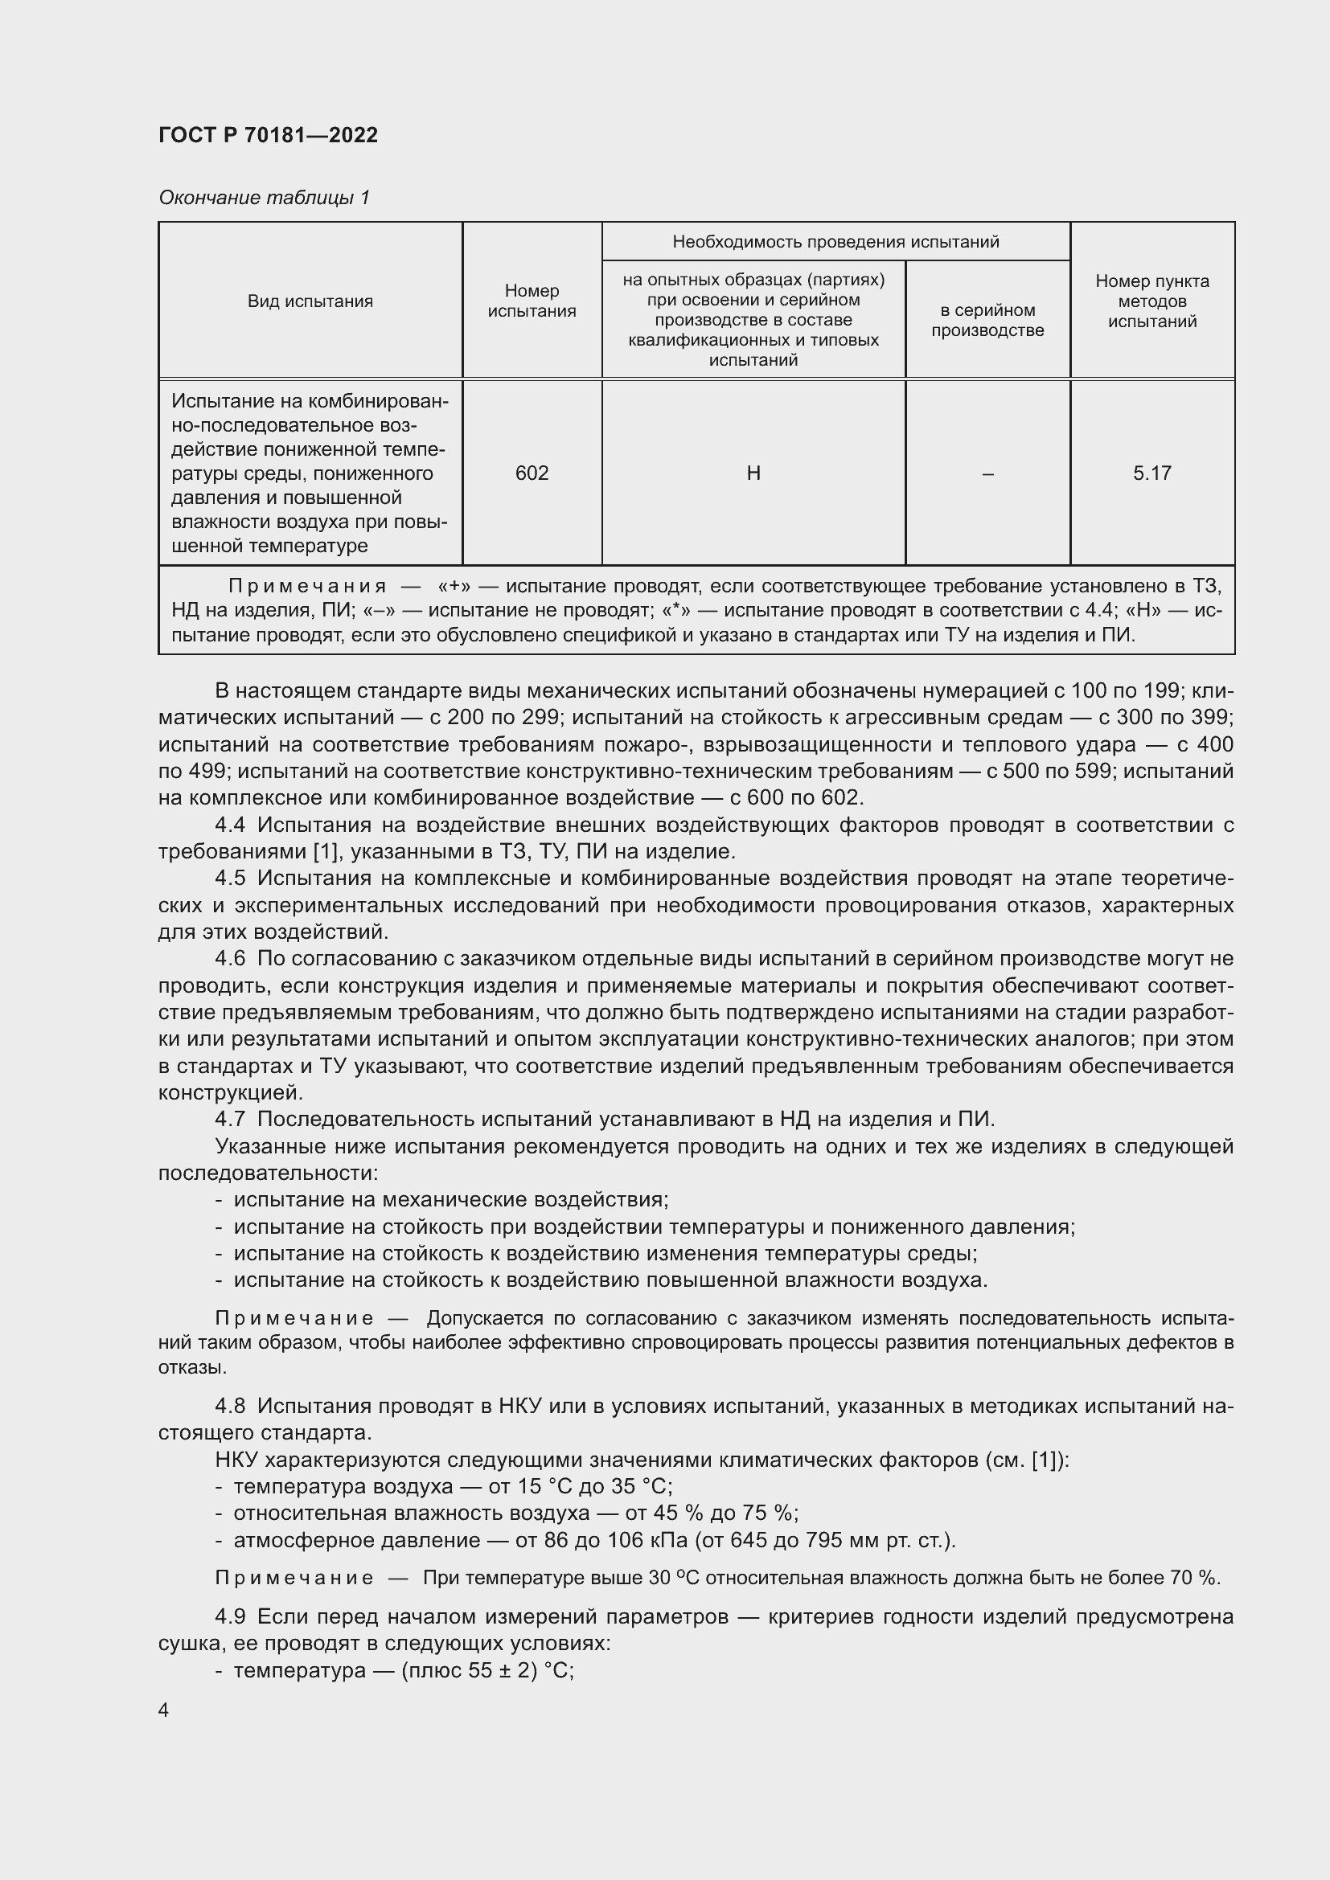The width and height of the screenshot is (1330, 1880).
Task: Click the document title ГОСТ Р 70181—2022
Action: pyautogui.click(x=268, y=135)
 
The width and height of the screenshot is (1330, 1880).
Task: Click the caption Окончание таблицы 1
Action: pyautogui.click(x=264, y=198)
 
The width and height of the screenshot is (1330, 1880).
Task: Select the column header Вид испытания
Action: pyautogui.click(x=310, y=301)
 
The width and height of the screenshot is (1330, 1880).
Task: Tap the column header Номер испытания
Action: pyautogui.click(x=532, y=301)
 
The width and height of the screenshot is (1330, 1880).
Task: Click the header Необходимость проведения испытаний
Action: pyautogui.click(x=835, y=242)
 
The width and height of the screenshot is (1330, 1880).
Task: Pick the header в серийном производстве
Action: pyautogui.click(x=987, y=320)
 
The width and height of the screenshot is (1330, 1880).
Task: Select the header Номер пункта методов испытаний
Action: pyautogui.click(x=1151, y=301)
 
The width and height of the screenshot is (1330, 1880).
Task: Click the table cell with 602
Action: pyautogui.click(x=532, y=473)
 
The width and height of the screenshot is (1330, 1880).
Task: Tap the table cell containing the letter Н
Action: pyautogui.click(x=753, y=473)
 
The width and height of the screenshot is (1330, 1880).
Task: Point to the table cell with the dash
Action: pyautogui.click(x=987, y=473)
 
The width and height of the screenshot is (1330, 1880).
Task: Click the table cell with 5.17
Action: pyautogui.click(x=1151, y=473)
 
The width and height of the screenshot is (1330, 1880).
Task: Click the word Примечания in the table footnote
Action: pyautogui.click(x=307, y=586)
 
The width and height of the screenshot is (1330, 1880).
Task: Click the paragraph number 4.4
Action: pyautogui.click(x=230, y=825)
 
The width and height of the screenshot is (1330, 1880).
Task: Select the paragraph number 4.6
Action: pyautogui.click(x=230, y=959)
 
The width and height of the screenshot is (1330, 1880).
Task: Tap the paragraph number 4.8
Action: pyautogui.click(x=230, y=1406)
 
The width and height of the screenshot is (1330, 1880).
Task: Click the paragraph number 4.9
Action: pyautogui.click(x=230, y=1616)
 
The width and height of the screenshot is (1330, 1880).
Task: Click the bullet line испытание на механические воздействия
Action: pyautogui.click(x=450, y=1199)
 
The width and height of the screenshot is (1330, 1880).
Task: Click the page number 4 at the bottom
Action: pyautogui.click(x=163, y=1710)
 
